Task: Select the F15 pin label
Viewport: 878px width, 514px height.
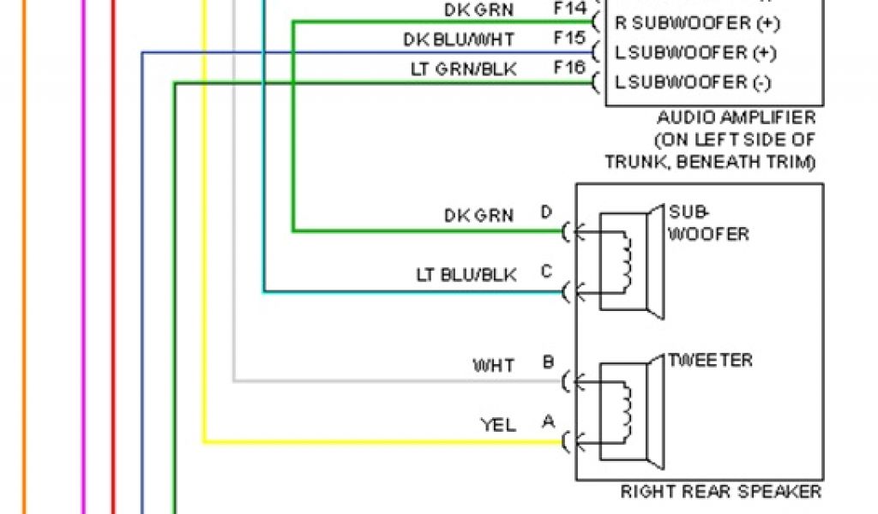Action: coord(569,39)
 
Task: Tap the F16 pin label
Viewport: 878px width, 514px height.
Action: coord(569,69)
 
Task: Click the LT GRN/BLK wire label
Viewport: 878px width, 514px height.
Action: coord(464,69)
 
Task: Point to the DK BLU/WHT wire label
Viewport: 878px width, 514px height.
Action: coord(460,39)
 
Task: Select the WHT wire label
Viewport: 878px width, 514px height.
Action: coord(494,366)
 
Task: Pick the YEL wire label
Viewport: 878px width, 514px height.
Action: coord(498,425)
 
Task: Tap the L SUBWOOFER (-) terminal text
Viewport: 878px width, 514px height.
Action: coord(693,83)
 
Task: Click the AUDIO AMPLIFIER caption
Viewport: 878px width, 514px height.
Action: coord(736,118)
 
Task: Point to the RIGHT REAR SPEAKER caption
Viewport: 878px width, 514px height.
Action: coord(720,492)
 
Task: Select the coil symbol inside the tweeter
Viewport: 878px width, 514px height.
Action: coord(628,410)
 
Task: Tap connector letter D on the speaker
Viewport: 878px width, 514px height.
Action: coord(546,212)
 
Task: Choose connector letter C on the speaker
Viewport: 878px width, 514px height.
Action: coord(546,272)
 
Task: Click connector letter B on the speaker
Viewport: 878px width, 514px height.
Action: coord(547,362)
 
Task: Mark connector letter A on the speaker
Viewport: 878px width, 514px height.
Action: coord(546,422)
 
